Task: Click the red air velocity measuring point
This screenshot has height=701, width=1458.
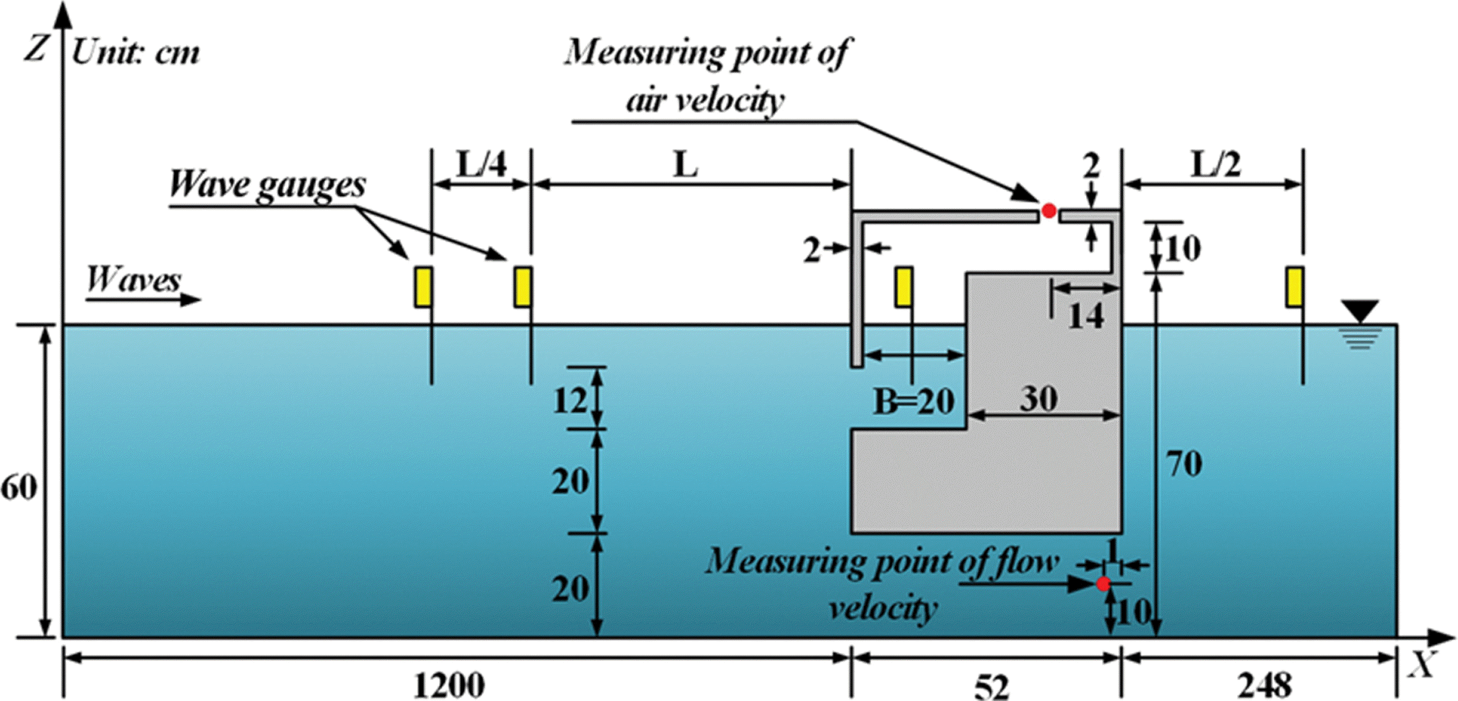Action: coord(1048,211)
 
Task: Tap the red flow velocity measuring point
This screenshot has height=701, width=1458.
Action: coord(1103,583)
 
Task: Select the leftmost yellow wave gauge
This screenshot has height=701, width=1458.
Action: coord(423,287)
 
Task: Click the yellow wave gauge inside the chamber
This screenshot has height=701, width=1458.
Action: coord(904,287)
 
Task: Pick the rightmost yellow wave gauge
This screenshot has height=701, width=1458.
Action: coord(1294,287)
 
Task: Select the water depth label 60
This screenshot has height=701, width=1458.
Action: coord(19,488)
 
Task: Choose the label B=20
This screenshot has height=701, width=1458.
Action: coord(914,402)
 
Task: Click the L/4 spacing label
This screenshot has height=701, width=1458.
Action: coord(482,165)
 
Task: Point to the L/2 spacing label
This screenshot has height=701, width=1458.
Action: coord(1215,165)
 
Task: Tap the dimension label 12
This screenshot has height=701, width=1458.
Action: coord(570,401)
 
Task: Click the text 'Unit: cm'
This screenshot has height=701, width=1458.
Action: coord(136,53)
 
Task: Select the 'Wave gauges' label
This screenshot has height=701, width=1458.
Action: coord(267,184)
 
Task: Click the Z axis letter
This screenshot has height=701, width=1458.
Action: coord(36,48)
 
